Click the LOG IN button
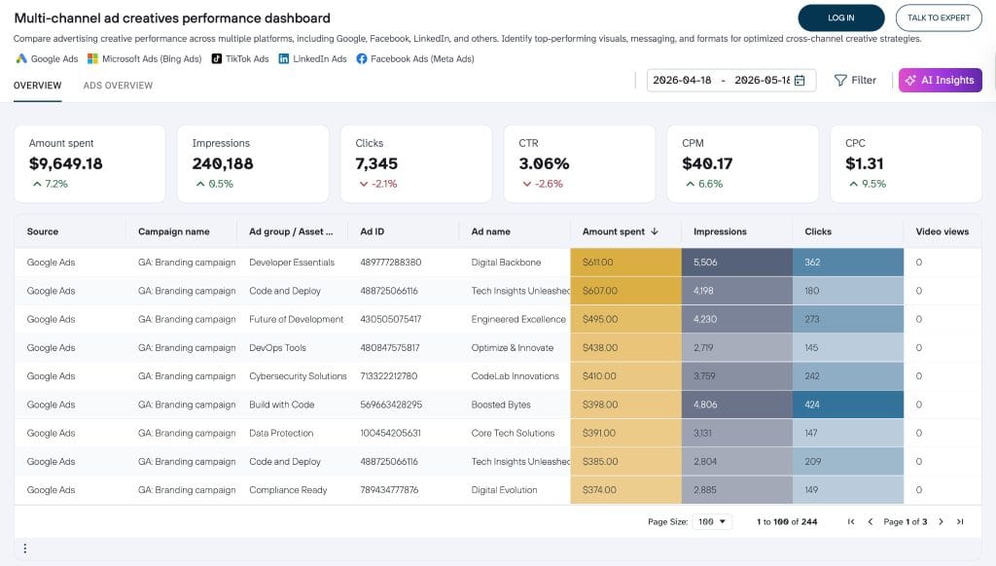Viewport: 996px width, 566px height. coord(841,18)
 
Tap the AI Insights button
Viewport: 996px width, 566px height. coord(941,80)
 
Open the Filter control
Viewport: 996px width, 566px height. coord(855,80)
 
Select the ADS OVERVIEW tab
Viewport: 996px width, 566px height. coord(118,86)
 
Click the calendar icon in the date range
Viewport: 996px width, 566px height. coord(800,80)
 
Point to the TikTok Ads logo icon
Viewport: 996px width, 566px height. coord(217,58)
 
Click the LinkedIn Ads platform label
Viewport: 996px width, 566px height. coord(319,58)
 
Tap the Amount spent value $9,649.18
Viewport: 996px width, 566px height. coord(65,163)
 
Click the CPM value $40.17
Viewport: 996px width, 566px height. coord(707,163)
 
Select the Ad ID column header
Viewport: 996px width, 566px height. coord(373,231)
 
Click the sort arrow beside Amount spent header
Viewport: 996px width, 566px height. coord(655,231)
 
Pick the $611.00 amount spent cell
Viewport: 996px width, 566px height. coord(625,263)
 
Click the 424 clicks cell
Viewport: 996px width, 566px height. coord(848,405)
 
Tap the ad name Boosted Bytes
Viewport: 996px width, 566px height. coord(501,405)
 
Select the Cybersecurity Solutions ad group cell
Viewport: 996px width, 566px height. coord(298,376)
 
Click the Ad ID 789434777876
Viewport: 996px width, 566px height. coord(389,490)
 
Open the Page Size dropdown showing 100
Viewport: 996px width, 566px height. coord(711,521)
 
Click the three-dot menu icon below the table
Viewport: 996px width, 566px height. coord(24,548)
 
